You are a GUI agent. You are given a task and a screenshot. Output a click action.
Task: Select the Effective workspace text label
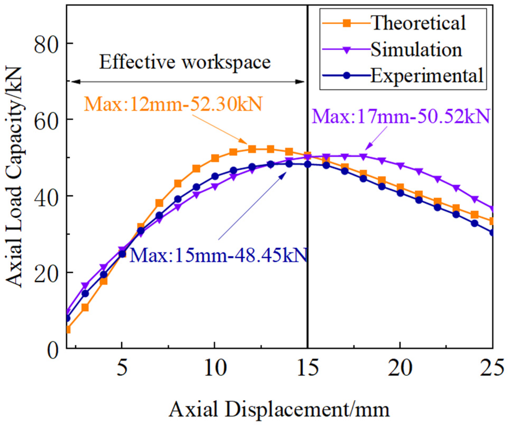pyautogui.click(x=185, y=62)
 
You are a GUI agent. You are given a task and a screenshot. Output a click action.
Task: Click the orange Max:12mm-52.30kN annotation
pyautogui.click(x=173, y=104)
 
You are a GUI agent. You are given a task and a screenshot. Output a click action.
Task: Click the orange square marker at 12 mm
pyautogui.click(x=252, y=149)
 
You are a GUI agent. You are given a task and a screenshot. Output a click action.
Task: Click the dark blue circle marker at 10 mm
pyautogui.click(x=215, y=176)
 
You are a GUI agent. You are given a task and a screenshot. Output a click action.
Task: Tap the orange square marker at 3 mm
pyautogui.click(x=85, y=307)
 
